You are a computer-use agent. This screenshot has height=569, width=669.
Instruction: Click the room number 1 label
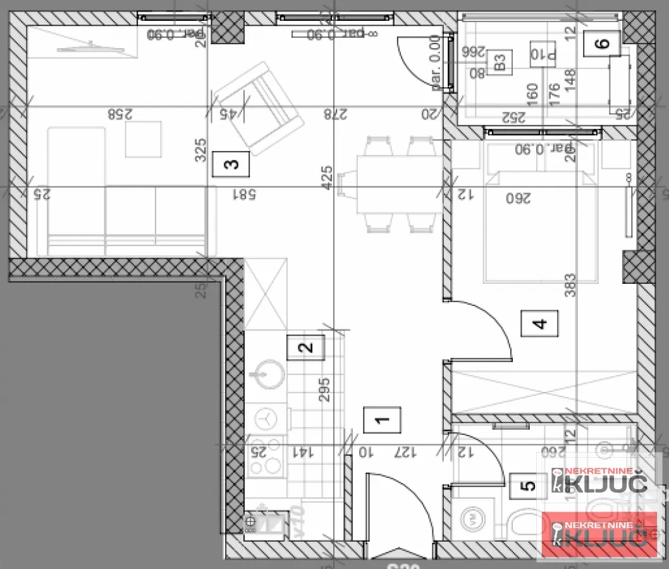(382, 420)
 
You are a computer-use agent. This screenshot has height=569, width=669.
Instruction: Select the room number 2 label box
(305, 347)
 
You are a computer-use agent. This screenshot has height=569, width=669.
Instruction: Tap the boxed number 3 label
(231, 164)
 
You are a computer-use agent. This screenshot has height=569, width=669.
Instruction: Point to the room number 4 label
(539, 324)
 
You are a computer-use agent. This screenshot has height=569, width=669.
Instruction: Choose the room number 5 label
(529, 486)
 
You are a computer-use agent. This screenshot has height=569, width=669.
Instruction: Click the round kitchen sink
(270, 373)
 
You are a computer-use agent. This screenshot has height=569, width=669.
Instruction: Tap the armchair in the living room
(257, 107)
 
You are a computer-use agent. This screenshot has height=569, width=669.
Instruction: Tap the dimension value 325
(201, 150)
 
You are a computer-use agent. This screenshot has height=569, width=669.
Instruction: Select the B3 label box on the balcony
(500, 62)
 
